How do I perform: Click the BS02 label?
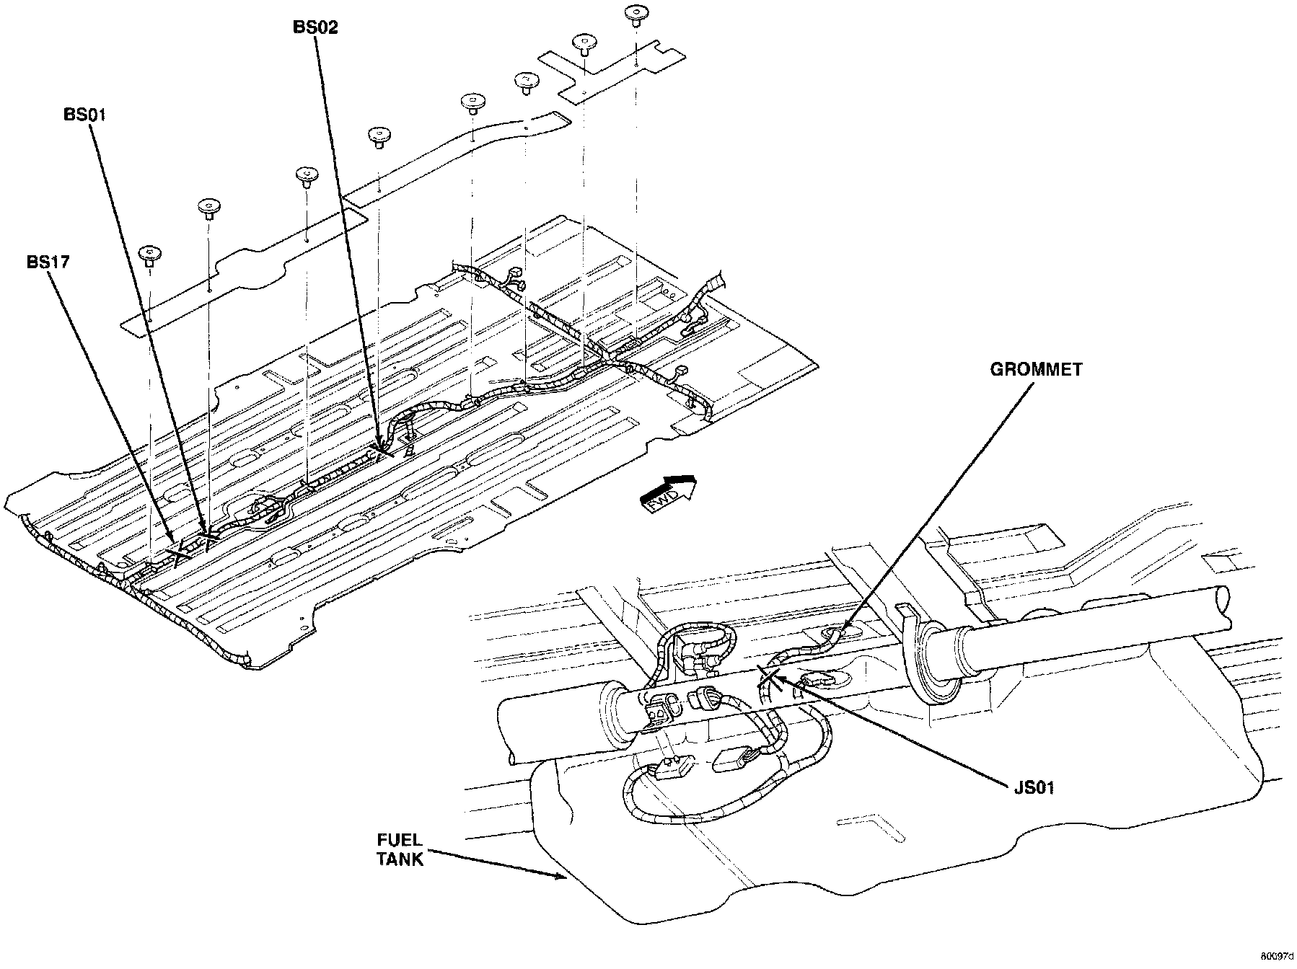[x=315, y=28]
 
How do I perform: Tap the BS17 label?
[x=48, y=262]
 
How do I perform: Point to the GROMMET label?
[x=1036, y=370]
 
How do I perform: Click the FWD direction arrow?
[x=669, y=493]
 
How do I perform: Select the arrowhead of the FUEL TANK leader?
[x=567, y=877]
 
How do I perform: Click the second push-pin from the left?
[x=209, y=207]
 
